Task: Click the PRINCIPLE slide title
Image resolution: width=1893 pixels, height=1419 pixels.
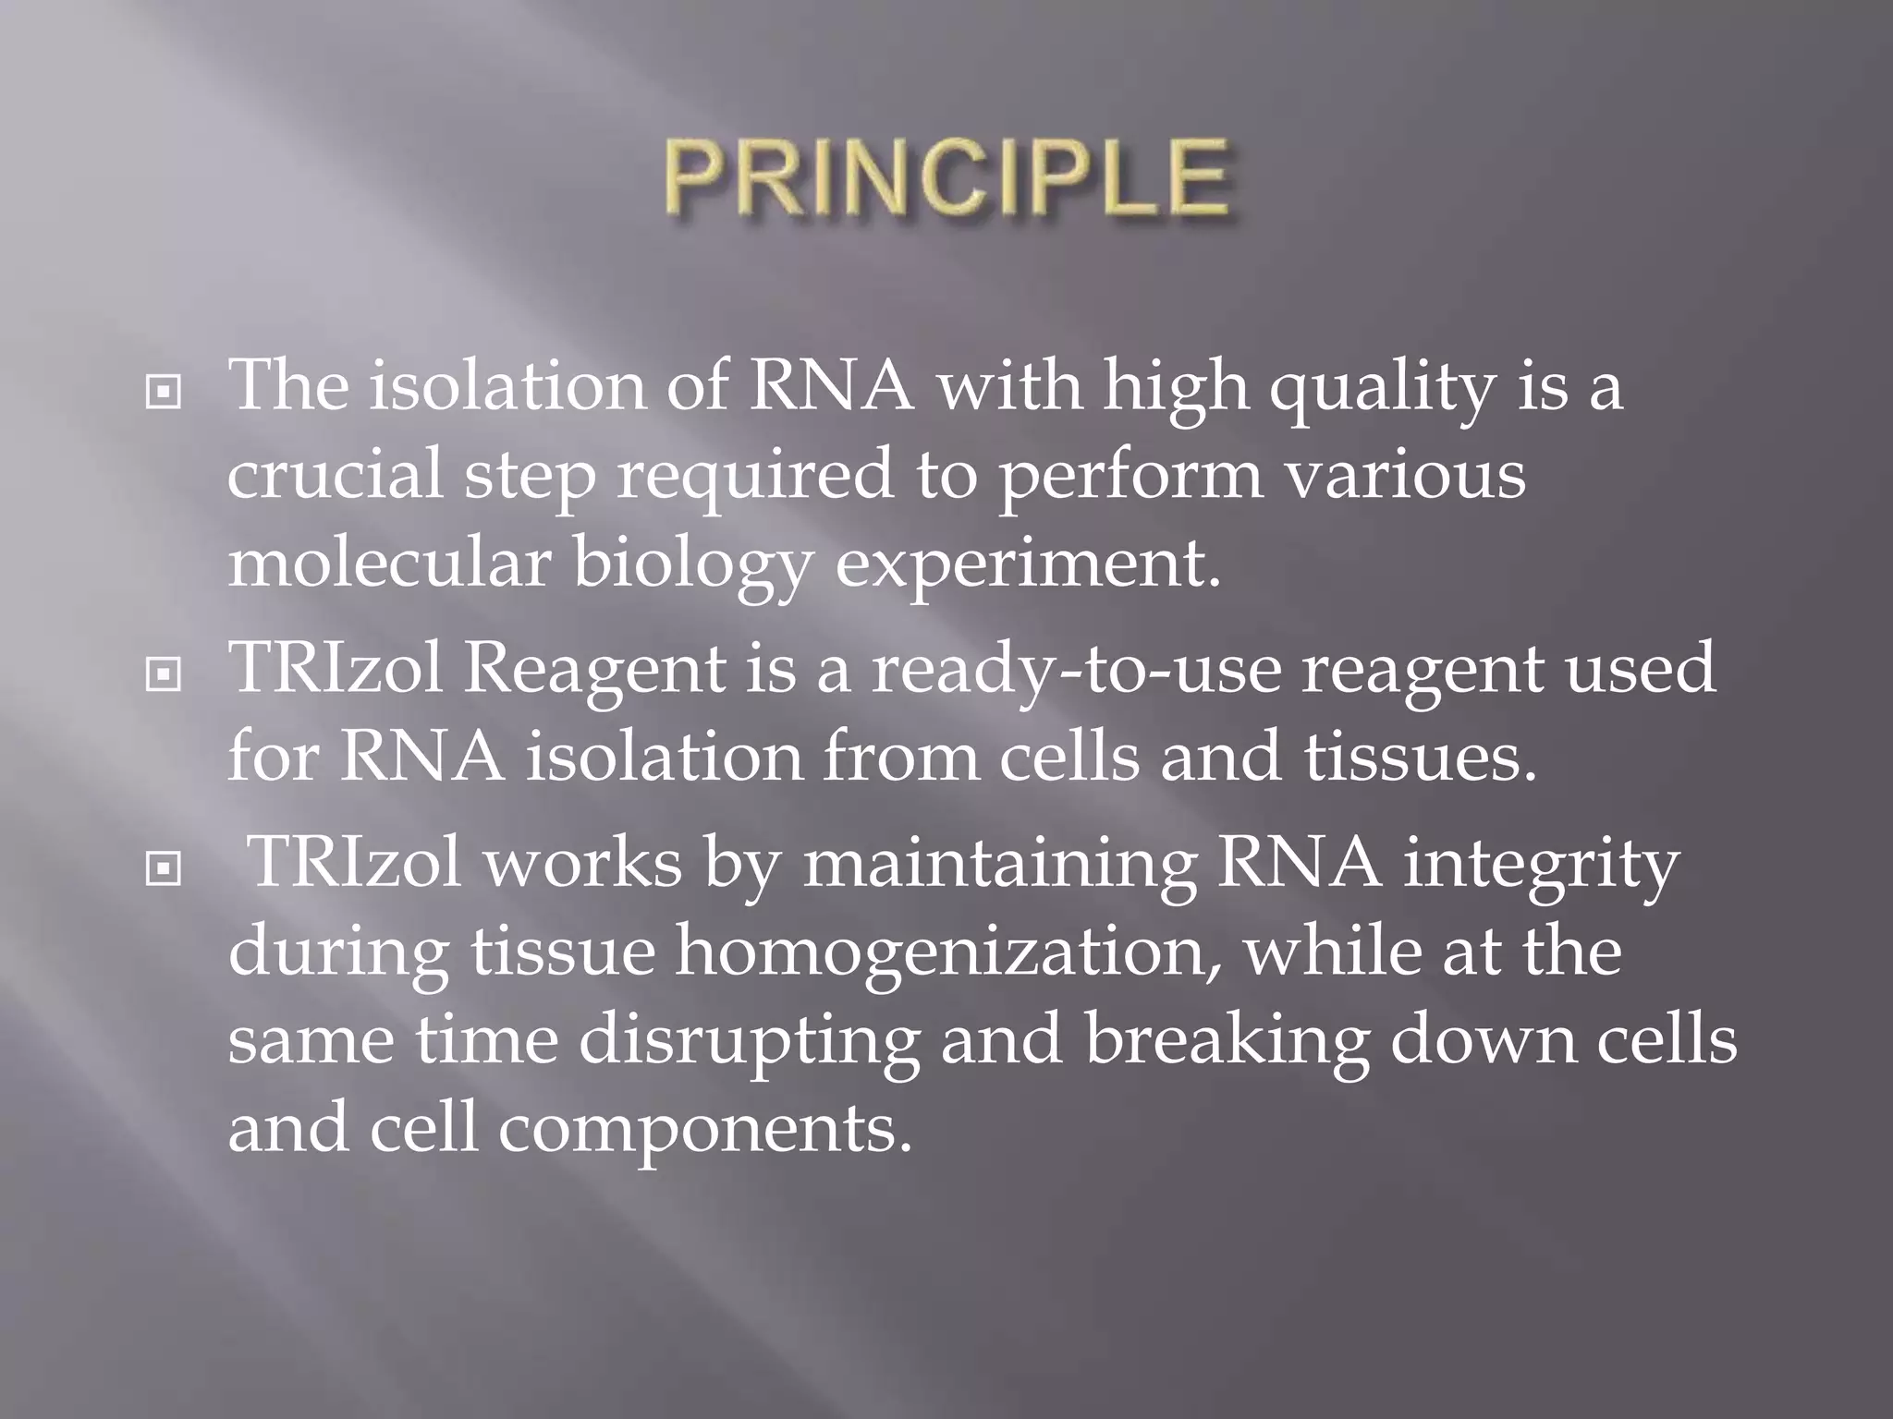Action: coord(946,177)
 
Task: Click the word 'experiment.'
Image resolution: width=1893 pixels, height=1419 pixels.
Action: coord(1028,565)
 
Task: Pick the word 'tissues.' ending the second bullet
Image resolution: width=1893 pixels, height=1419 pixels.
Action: coord(1420,758)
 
